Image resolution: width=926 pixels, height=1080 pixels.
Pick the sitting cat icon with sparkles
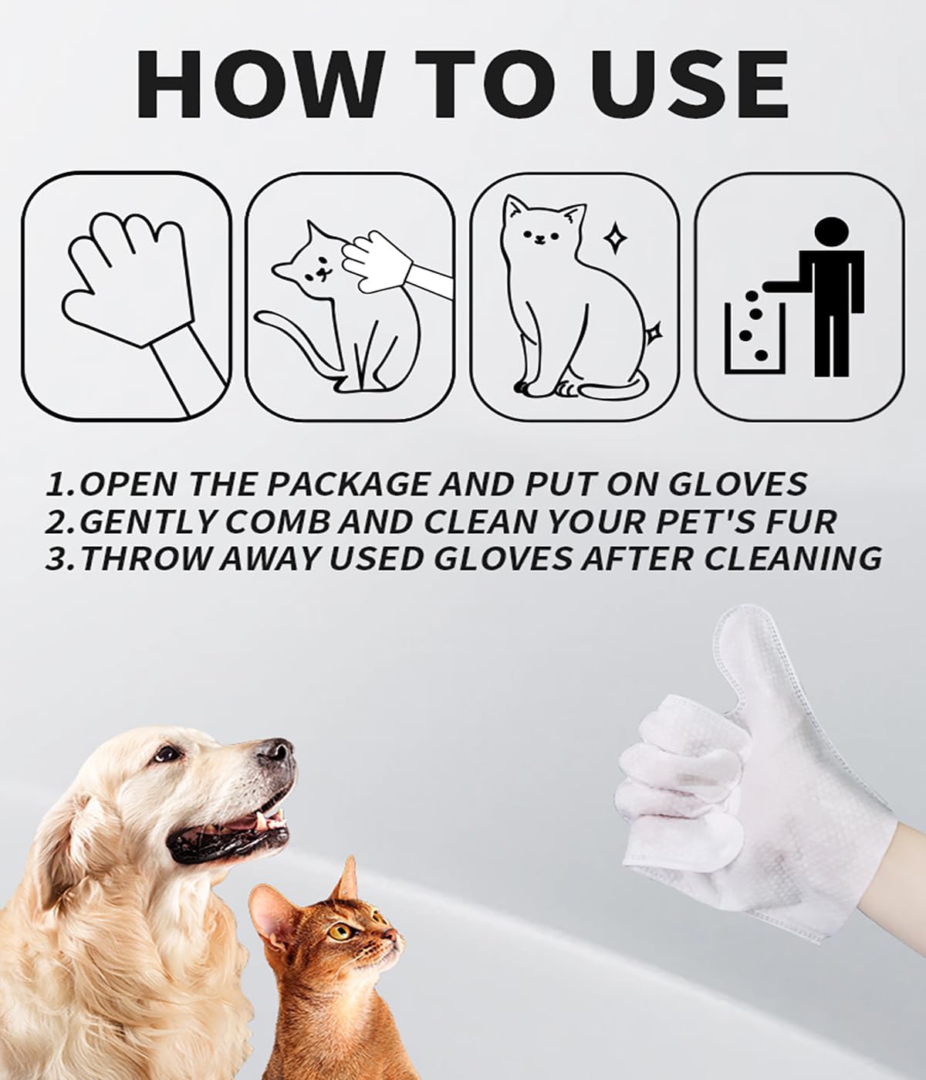pyautogui.click(x=571, y=297)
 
